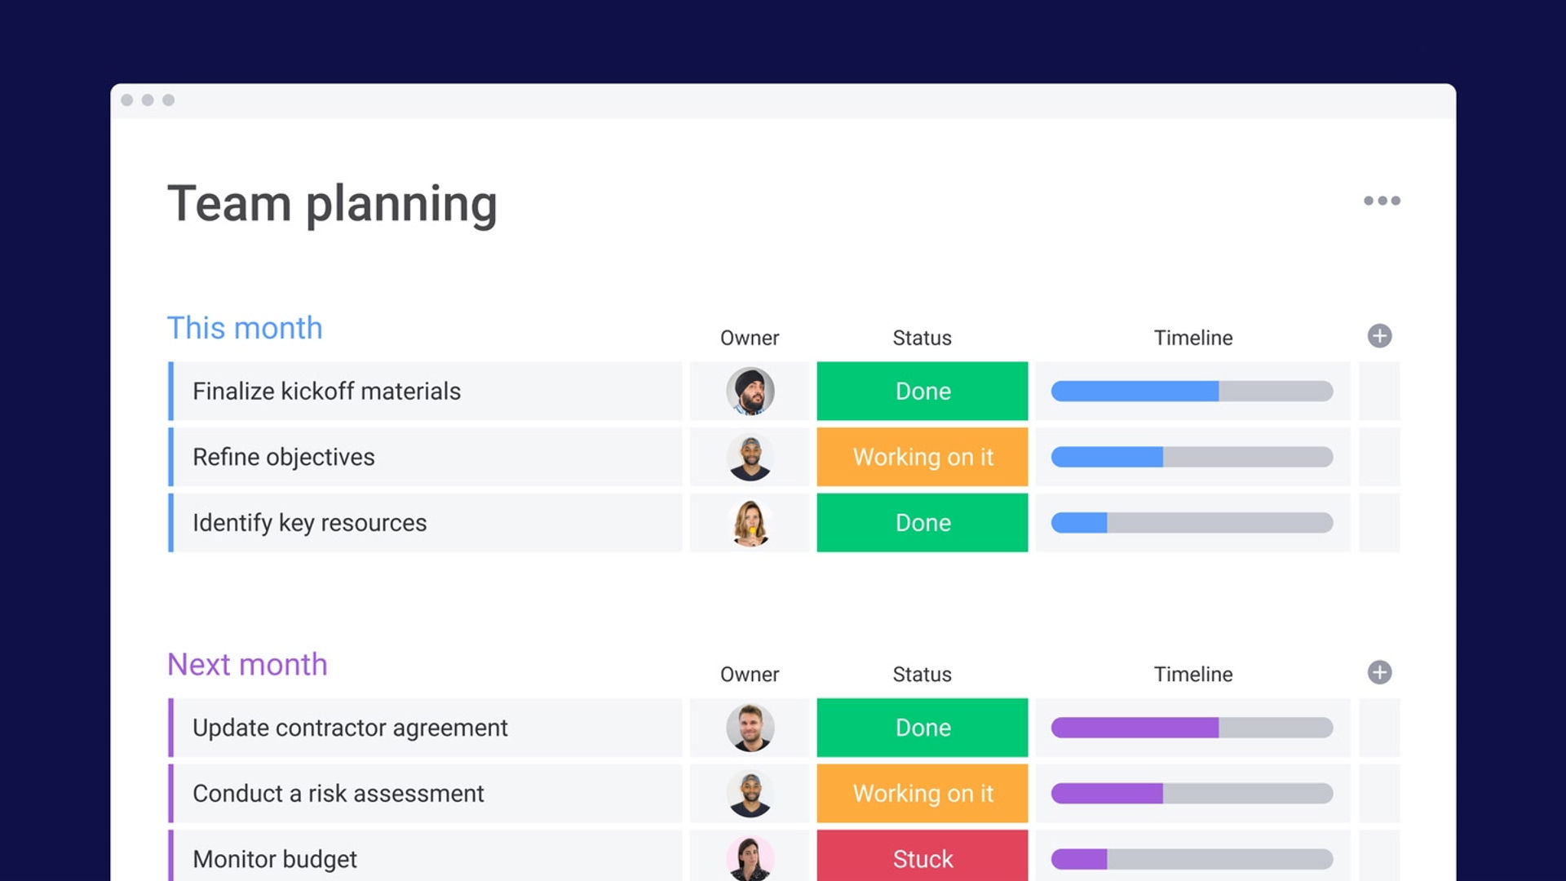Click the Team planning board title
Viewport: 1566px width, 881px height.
point(332,204)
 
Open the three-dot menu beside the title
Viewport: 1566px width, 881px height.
point(1382,201)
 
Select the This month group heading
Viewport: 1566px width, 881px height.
point(245,328)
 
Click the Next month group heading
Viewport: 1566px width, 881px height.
point(247,665)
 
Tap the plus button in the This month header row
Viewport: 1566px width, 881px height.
point(1379,336)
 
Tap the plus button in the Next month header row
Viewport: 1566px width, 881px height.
point(1379,673)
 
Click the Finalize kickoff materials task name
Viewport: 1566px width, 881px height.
point(326,392)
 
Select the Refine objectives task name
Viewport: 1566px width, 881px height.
point(284,458)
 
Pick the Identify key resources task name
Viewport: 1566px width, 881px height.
point(310,523)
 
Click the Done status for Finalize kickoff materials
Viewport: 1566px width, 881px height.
point(922,392)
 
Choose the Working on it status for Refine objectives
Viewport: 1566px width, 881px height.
point(922,457)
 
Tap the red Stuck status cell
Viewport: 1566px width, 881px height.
point(922,856)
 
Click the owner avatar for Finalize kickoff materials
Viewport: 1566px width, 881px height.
point(750,392)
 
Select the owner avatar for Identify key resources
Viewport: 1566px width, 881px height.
point(750,523)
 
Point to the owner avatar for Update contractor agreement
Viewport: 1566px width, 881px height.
point(750,728)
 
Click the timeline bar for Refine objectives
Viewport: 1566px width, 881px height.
point(1192,457)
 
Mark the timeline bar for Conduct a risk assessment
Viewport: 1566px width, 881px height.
point(1192,793)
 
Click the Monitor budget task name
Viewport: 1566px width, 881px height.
point(275,859)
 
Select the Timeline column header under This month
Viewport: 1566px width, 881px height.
point(1193,338)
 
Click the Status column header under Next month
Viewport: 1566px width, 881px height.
point(922,675)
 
